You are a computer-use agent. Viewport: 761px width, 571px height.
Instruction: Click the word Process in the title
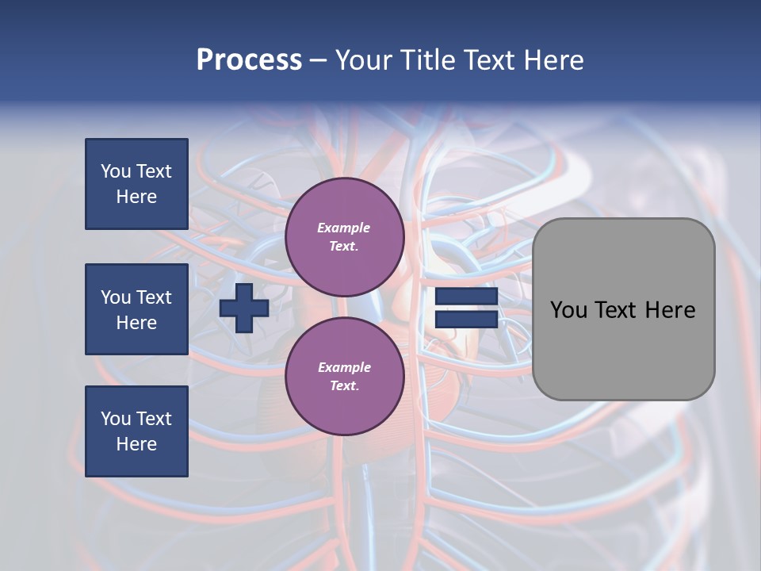pyautogui.click(x=249, y=60)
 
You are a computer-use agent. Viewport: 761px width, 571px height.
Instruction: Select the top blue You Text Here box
pyautogui.click(x=136, y=184)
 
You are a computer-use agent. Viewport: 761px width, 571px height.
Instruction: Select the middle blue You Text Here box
pyautogui.click(x=136, y=309)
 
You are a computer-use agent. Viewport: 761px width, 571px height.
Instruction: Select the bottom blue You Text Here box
pyautogui.click(x=136, y=431)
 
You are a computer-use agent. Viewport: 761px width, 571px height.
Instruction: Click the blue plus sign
pyautogui.click(x=244, y=308)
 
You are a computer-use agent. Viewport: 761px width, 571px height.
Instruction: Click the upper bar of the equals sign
pyautogui.click(x=466, y=297)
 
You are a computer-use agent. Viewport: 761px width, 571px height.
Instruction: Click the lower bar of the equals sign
pyautogui.click(x=466, y=320)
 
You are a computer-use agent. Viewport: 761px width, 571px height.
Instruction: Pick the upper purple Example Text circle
pyautogui.click(x=344, y=237)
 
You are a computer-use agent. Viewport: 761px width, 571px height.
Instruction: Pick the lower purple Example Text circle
pyautogui.click(x=344, y=377)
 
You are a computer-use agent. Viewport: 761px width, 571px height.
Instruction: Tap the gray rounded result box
pyautogui.click(x=623, y=349)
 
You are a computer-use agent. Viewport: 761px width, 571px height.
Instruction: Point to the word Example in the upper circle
pyautogui.click(x=344, y=228)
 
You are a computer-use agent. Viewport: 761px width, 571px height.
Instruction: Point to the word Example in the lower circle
pyautogui.click(x=344, y=367)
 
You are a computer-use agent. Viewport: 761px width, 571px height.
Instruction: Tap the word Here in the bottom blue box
pyautogui.click(x=136, y=444)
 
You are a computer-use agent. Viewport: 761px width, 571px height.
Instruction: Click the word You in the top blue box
pyautogui.click(x=116, y=171)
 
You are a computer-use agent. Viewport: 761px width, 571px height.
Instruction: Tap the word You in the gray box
pyautogui.click(x=568, y=310)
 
